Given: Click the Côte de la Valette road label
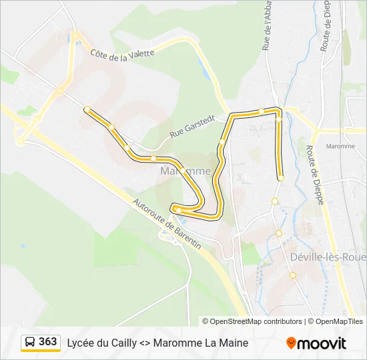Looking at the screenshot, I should click(122, 54).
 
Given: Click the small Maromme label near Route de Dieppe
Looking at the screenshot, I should click(340, 146).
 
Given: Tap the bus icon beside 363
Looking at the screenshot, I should click(30, 342).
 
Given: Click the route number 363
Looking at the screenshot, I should click(48, 342).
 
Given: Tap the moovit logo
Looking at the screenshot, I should click(316, 343).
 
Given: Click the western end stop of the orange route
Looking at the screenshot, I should click(87, 109).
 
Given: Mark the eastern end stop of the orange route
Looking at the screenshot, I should click(281, 178).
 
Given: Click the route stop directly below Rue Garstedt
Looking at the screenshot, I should click(153, 158).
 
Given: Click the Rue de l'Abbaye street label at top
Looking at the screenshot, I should click(267, 27).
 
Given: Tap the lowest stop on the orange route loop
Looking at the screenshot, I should click(178, 211).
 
